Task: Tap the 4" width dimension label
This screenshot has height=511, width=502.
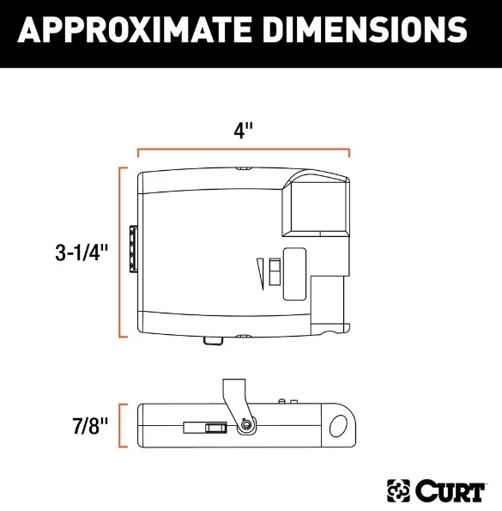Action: tap(244, 131)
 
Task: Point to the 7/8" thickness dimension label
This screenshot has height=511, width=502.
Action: tap(89, 425)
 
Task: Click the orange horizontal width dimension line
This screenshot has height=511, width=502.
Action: tap(244, 150)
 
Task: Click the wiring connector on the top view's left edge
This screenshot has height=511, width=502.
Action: tap(133, 250)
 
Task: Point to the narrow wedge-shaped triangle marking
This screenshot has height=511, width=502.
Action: tap(258, 275)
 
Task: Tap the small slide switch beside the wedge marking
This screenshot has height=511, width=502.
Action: tap(272, 271)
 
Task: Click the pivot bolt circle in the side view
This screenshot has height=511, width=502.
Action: tap(246, 425)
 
